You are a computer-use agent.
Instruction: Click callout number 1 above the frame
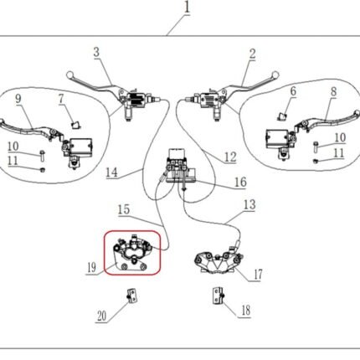coord(187,8)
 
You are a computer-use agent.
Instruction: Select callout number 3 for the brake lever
coord(96,52)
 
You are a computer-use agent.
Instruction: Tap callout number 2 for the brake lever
coord(252,54)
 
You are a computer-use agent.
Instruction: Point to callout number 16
coord(240,182)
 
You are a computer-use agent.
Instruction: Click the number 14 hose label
coord(111,172)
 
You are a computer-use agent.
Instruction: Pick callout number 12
coord(230,157)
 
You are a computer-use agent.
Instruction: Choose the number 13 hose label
coord(249,204)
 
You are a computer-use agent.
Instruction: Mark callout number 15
coord(124,209)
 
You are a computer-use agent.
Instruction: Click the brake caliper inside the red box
coord(132,253)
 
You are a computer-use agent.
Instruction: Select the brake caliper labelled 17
coord(217,260)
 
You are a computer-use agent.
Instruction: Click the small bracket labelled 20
coord(132,296)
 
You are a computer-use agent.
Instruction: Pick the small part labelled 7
coord(75,125)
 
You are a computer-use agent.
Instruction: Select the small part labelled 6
coord(283,116)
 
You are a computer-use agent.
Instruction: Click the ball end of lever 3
coord(69,75)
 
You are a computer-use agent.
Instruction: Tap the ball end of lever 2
coord(275,75)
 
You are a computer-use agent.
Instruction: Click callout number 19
coord(91,268)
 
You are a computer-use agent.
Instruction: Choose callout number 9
coord(18,99)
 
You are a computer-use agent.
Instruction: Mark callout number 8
coord(334,91)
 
